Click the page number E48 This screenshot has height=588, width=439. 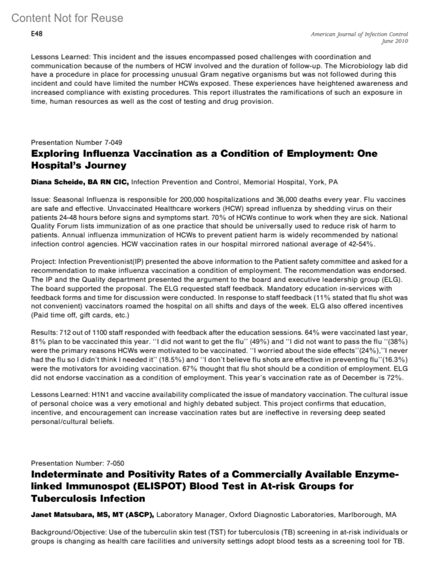(x=37, y=34)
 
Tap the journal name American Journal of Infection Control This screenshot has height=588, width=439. (x=359, y=34)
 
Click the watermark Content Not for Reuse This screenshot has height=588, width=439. (x=67, y=18)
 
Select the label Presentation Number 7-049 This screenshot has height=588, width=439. (x=76, y=142)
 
